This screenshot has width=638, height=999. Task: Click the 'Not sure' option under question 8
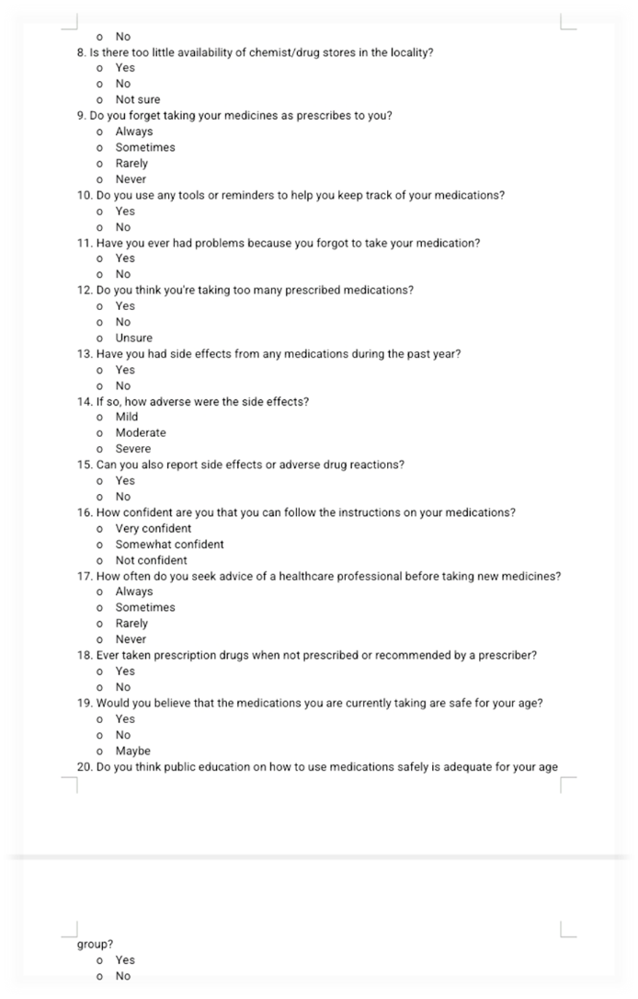pyautogui.click(x=136, y=99)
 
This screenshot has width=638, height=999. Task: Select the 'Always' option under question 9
pyautogui.click(x=133, y=132)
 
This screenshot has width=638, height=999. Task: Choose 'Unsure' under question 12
pyautogui.click(x=133, y=338)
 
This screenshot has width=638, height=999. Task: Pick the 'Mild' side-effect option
pyautogui.click(x=127, y=417)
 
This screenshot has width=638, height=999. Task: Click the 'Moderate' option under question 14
pyautogui.click(x=140, y=432)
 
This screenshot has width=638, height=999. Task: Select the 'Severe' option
pyautogui.click(x=132, y=449)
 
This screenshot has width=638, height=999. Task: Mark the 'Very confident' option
pyautogui.click(x=153, y=528)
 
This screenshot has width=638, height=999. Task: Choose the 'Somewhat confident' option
pyautogui.click(x=169, y=544)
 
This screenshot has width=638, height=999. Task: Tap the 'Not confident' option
pyautogui.click(x=151, y=560)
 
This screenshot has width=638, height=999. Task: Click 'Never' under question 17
pyautogui.click(x=131, y=639)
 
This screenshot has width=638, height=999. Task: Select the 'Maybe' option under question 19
pyautogui.click(x=132, y=751)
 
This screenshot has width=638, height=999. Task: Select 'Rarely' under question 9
pyautogui.click(x=131, y=164)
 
